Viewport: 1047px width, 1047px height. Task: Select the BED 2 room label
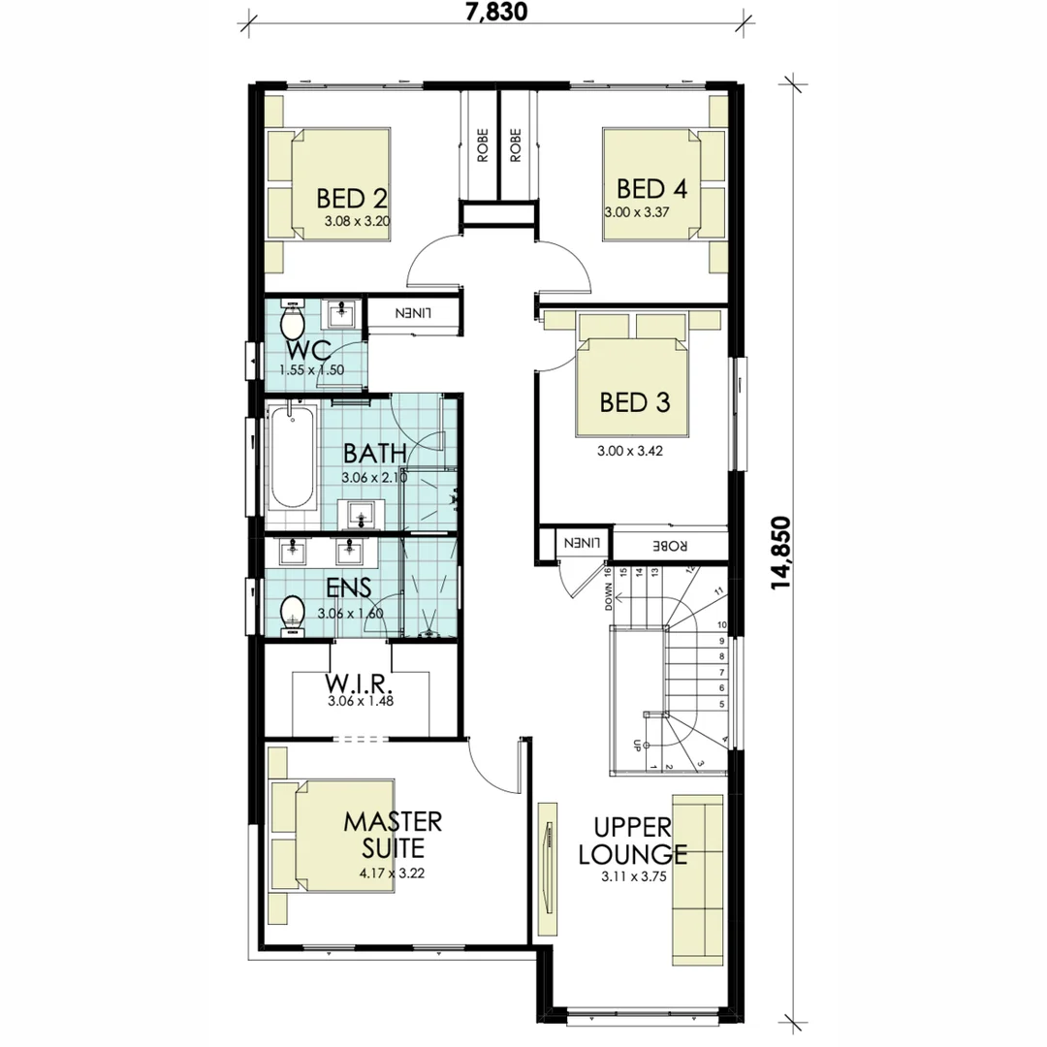coord(352,199)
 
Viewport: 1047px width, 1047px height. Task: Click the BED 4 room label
coord(651,188)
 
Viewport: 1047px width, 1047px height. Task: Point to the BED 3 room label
coord(635,401)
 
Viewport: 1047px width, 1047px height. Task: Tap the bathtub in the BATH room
coord(292,460)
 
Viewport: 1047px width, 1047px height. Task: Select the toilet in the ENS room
coord(292,613)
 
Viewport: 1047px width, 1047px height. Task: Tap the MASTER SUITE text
coord(393,835)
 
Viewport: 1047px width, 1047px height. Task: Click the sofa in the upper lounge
coord(697,878)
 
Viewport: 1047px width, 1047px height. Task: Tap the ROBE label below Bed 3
coord(669,545)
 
